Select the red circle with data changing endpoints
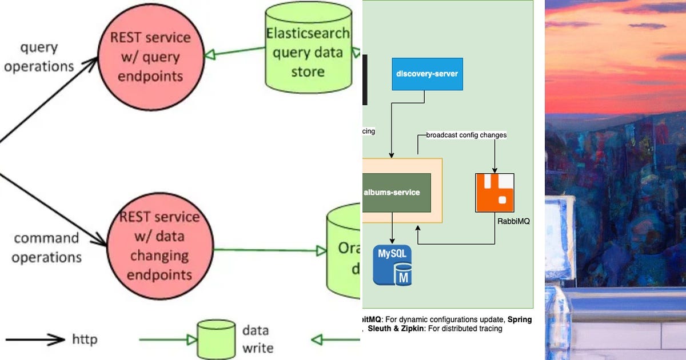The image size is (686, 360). (159, 246)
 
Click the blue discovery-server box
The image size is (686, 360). (427, 74)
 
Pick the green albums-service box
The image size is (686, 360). (396, 193)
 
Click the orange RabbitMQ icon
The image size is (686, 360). (494, 193)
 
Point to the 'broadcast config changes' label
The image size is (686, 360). (466, 135)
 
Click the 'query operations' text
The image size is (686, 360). (39, 57)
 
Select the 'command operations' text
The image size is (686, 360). (46, 247)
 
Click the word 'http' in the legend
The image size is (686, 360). (85, 339)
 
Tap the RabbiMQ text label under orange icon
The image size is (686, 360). (513, 221)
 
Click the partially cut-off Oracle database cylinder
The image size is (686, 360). (343, 251)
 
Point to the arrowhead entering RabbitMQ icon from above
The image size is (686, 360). (494, 169)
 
